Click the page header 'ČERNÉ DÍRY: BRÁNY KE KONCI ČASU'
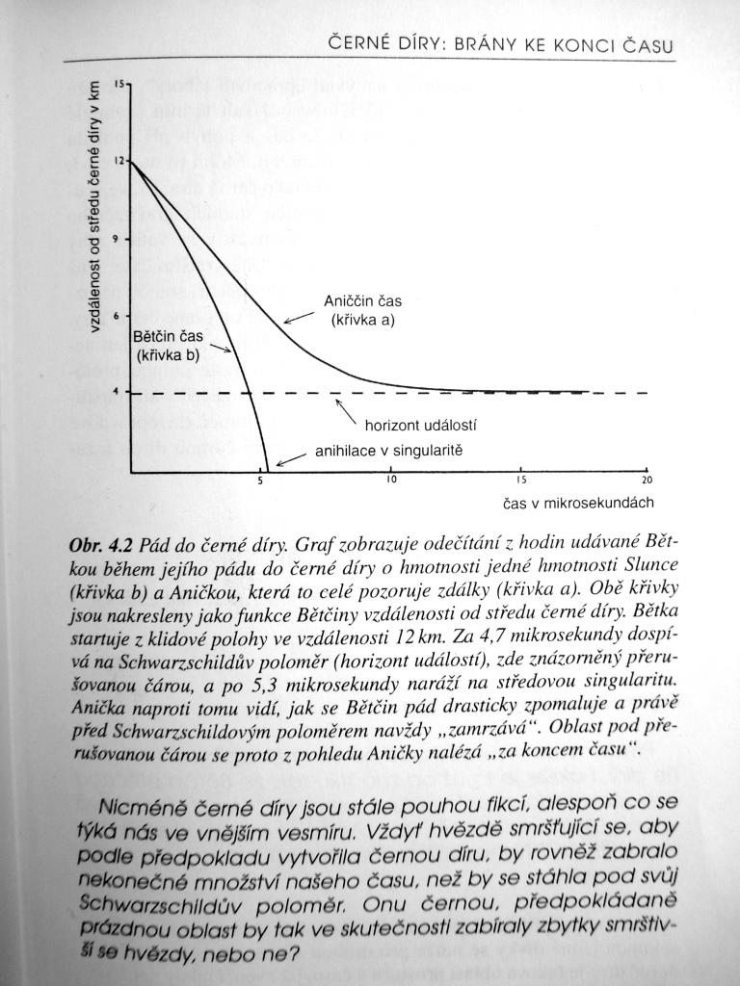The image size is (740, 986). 499,45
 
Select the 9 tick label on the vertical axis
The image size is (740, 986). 118,239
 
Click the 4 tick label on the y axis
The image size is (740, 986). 118,392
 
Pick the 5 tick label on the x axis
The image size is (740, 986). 260,480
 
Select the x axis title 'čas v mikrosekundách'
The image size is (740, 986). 578,503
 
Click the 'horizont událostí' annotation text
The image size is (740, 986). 421,424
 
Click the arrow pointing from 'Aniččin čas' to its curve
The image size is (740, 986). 298,318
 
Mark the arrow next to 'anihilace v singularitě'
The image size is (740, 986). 292,459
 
